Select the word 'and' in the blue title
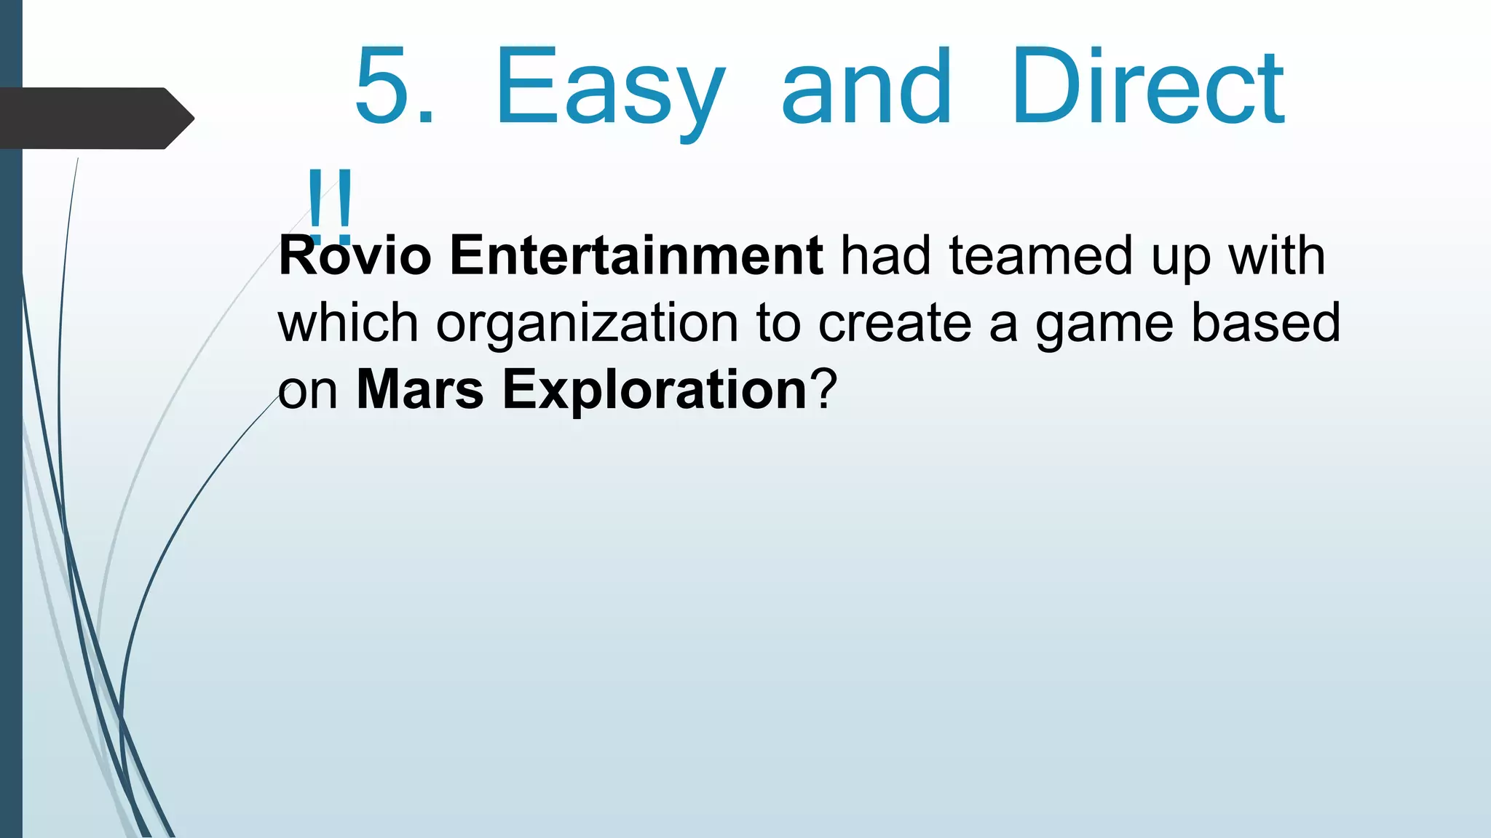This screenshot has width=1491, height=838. pyautogui.click(x=866, y=87)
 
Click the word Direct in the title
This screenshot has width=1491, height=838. pyautogui.click(x=1148, y=87)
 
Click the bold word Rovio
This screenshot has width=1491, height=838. pyautogui.click(x=355, y=255)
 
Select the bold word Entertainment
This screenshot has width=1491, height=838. pyautogui.click(x=636, y=255)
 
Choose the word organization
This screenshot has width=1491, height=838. pyautogui.click(x=587, y=324)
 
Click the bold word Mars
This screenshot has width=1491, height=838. pyautogui.click(x=419, y=389)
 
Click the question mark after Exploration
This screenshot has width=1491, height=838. pyautogui.click(x=825, y=389)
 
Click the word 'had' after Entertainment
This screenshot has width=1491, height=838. pyautogui.click(x=885, y=255)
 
